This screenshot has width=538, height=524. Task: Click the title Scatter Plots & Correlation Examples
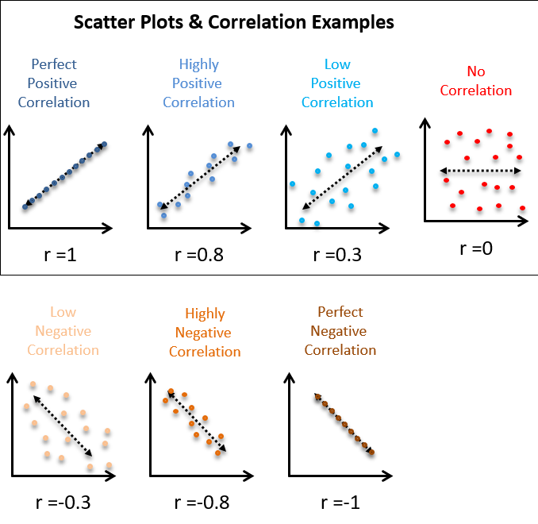(x=233, y=21)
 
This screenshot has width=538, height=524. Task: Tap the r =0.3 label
(x=336, y=255)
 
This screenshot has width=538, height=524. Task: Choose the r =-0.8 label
(x=198, y=502)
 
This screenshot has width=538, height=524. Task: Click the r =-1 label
(x=340, y=502)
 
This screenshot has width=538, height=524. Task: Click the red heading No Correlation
(x=475, y=81)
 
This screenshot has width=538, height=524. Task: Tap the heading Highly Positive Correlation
(x=198, y=83)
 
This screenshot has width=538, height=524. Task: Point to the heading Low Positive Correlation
(x=337, y=83)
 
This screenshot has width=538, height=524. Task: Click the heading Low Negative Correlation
(x=63, y=331)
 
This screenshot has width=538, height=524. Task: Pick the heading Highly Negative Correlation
(x=205, y=333)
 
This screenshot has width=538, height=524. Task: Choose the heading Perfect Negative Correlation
(x=340, y=331)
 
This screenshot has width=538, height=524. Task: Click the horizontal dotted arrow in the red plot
(x=480, y=171)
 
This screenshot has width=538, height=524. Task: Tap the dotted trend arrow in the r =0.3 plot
(x=338, y=178)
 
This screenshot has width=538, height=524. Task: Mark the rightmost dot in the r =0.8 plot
(x=249, y=145)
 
